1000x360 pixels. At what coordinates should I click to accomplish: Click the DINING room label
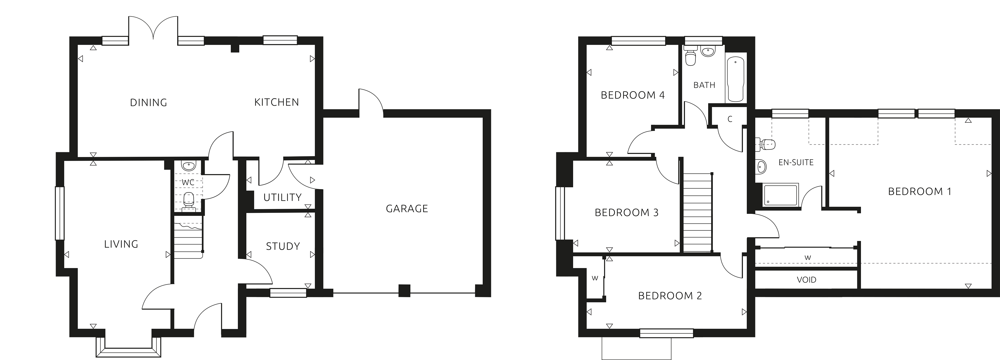click(x=148, y=103)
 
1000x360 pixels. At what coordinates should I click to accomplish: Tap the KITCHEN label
click(x=276, y=102)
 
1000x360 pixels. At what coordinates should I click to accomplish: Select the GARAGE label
click(x=407, y=209)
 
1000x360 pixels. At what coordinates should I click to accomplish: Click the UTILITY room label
click(x=282, y=197)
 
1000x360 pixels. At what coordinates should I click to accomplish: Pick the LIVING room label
click(x=121, y=244)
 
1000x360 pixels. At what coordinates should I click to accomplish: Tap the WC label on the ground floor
click(x=188, y=182)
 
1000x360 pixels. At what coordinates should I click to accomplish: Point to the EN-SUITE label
click(x=796, y=162)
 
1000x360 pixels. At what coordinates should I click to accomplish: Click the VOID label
click(x=806, y=280)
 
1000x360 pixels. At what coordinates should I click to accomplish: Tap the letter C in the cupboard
click(x=730, y=119)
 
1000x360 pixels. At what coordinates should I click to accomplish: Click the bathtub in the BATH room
click(x=736, y=79)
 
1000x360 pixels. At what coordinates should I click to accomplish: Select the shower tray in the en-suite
click(x=780, y=196)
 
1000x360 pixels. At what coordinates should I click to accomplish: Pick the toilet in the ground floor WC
click(x=189, y=199)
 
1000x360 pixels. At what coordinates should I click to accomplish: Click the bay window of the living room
click(x=128, y=348)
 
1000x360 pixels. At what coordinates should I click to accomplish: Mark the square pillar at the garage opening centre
click(x=405, y=290)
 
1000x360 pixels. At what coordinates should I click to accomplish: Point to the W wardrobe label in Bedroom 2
click(x=595, y=278)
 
